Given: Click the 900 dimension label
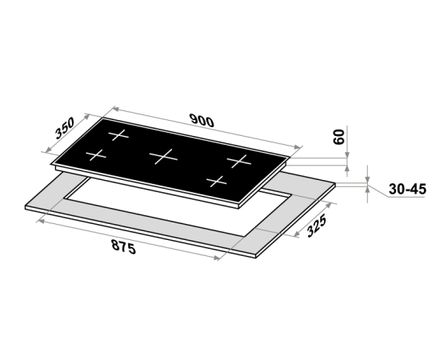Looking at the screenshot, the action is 202,121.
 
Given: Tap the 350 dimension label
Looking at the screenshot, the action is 65,128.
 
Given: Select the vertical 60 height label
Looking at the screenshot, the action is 338,137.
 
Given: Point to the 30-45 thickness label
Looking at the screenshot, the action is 407,189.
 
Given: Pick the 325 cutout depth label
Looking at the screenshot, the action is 317,226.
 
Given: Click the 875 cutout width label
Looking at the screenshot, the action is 124,246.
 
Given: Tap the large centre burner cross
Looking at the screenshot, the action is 163,157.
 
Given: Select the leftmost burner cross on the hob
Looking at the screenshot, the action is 96,155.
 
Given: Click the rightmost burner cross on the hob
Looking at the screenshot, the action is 239,162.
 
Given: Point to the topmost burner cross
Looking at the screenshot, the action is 118,135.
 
